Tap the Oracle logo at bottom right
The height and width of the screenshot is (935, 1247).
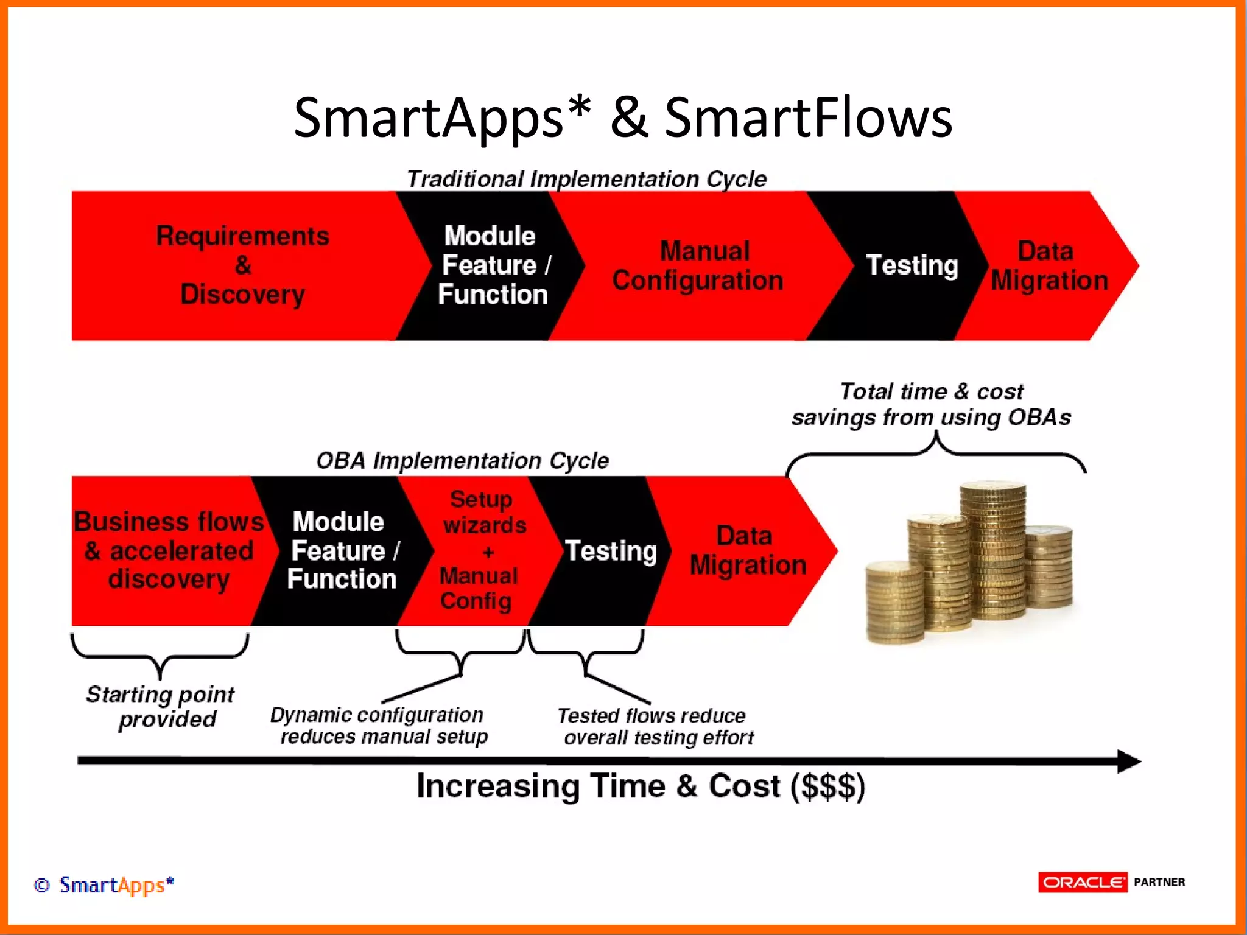[1083, 882]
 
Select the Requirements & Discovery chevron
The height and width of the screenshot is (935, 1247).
[242, 265]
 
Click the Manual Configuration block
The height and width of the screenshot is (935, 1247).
[698, 265]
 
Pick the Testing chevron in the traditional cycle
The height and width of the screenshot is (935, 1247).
[912, 265]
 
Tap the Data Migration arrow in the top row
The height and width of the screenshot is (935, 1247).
[1049, 265]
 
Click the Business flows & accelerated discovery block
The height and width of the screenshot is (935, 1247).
[168, 550]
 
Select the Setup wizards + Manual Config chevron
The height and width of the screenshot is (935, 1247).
[480, 550]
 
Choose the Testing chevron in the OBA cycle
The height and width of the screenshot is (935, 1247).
[611, 550]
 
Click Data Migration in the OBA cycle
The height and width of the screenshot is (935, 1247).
[748, 550]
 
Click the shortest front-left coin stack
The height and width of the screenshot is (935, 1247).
[894, 603]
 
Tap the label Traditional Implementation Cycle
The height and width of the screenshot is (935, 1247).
[586, 179]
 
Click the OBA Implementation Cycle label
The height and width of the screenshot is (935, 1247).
[462, 461]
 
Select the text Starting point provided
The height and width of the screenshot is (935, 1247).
[161, 707]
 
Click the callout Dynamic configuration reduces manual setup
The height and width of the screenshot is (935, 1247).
[379, 726]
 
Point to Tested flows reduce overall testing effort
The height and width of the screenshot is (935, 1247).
[656, 726]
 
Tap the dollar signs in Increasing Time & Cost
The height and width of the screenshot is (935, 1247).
[827, 786]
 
